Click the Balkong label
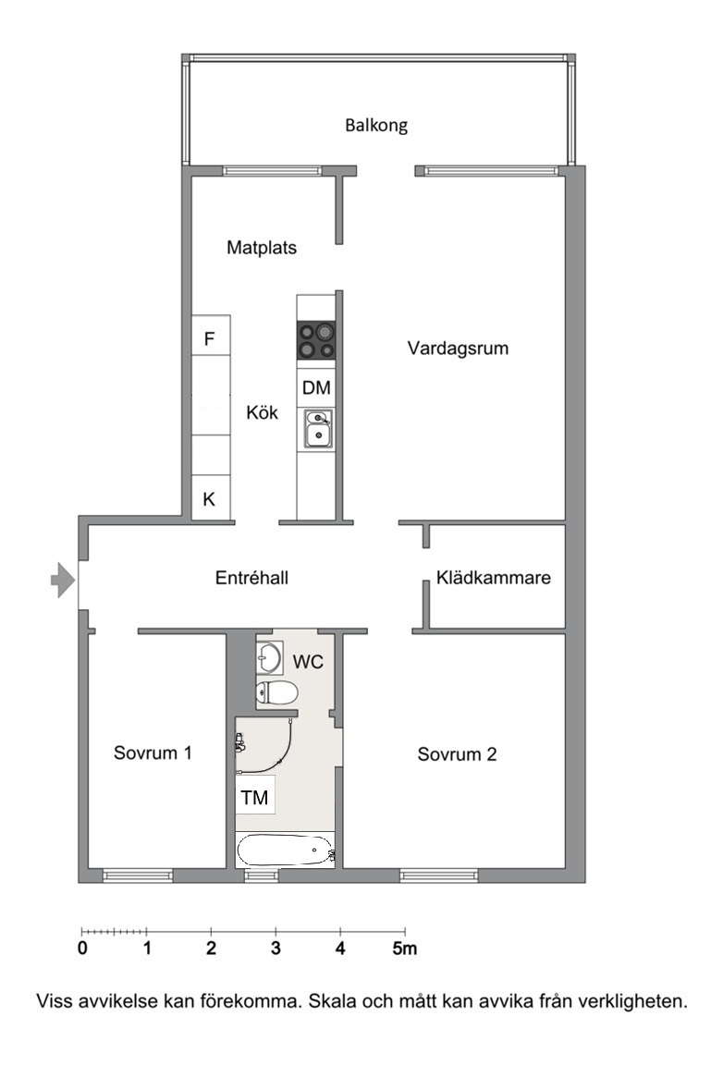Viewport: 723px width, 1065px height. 375,126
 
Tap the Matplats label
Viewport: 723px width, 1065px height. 262,248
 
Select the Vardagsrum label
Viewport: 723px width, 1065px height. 458,349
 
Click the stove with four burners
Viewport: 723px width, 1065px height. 316,340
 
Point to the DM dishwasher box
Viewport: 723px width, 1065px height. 316,388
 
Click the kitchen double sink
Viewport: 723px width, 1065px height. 317,429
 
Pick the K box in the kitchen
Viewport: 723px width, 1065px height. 211,499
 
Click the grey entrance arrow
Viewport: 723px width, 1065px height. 63,580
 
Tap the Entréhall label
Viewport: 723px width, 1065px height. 251,578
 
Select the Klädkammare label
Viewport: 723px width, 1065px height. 494,578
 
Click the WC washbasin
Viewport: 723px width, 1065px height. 269,656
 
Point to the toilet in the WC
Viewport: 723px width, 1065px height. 276,692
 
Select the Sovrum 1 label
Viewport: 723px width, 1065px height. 153,753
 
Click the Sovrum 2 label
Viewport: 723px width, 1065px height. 458,754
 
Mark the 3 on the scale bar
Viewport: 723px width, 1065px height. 276,949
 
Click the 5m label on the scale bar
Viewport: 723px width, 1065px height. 404,949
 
